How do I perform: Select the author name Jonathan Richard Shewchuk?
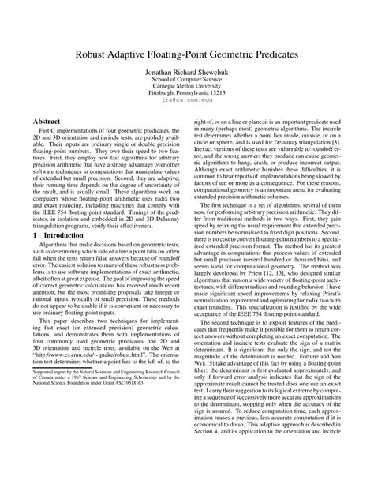click(x=187, y=80)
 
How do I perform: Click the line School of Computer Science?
click(x=187, y=88)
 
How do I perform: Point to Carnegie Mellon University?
click(x=187, y=95)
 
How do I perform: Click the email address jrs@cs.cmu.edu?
click(x=187, y=110)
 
